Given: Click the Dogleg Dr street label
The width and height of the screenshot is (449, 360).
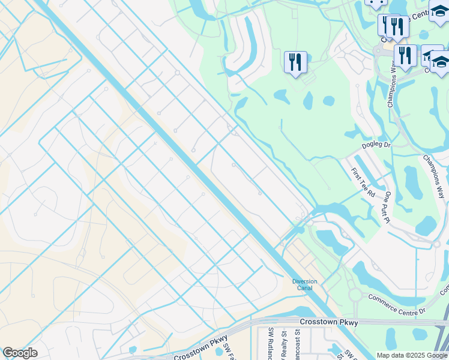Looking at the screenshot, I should pos(376,145).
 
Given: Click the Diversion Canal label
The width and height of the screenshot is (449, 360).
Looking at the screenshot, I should pos(304,284).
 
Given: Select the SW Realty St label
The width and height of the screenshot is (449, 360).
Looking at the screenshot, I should pos(285,346).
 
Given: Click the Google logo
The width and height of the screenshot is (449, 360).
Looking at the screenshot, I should pos(20,353).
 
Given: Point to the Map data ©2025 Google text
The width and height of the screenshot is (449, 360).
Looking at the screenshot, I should pos(411,355).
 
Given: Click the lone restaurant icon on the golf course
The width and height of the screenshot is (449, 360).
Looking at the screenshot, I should pos(295,62).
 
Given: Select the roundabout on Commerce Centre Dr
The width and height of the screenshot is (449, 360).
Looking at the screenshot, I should pos(355,295).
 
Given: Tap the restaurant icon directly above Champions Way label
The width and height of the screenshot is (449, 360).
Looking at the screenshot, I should pos(405,56).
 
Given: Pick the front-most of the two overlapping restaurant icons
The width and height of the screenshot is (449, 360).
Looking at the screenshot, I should pos(396,26).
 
